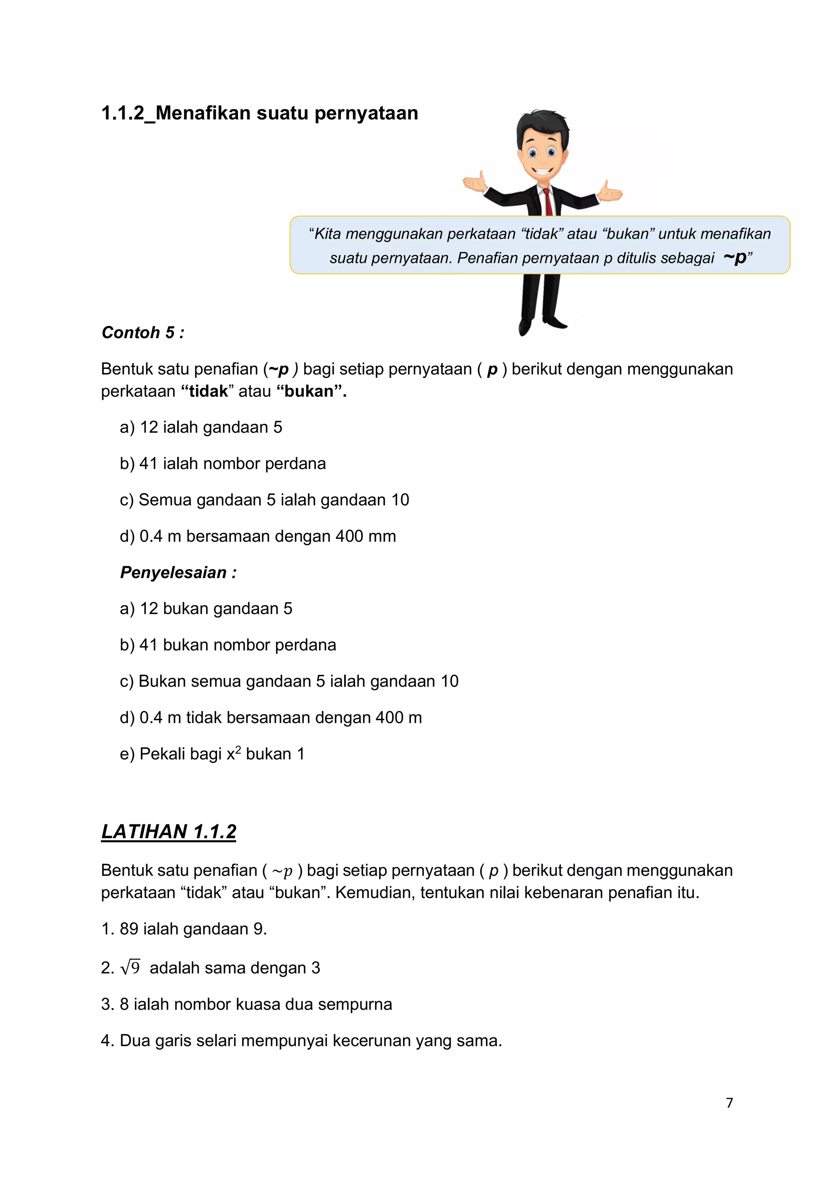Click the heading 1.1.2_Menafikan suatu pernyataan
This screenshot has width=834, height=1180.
point(259,113)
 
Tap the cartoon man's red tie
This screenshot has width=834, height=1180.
point(548,202)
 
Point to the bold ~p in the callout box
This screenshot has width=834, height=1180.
point(735,257)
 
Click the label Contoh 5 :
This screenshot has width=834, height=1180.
point(143,332)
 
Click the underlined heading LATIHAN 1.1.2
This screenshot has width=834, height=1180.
point(169,831)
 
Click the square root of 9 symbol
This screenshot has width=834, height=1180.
point(130,968)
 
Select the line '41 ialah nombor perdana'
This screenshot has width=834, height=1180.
point(232,464)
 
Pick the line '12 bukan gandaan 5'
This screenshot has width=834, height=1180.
point(216,609)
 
